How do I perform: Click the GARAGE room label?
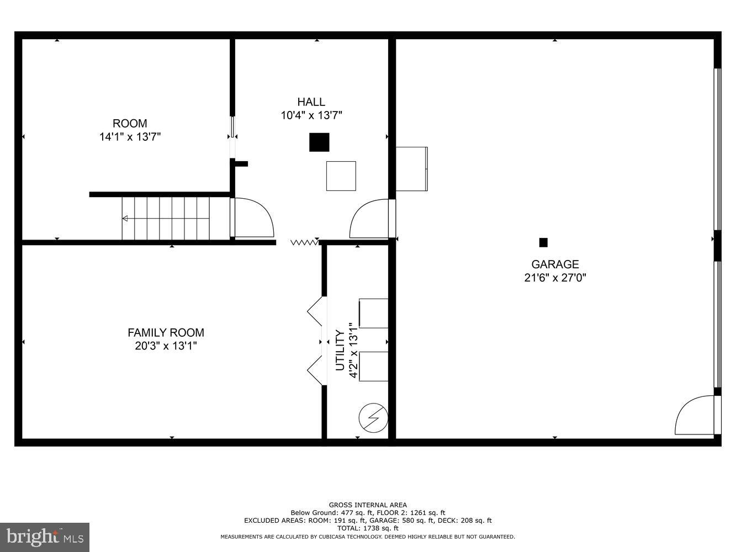point(555,264)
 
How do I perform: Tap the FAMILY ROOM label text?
point(166,333)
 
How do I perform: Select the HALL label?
point(311,102)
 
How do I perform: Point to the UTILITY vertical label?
point(340,351)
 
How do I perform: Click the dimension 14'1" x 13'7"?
point(130,137)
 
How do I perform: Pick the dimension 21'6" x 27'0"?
point(555,278)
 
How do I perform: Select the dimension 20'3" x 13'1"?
point(166,346)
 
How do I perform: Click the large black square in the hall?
point(319,142)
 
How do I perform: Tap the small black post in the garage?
point(543,242)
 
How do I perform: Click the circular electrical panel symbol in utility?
point(373,418)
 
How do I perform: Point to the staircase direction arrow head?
point(125,219)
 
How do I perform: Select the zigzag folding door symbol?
point(304,242)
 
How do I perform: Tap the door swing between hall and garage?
point(370,219)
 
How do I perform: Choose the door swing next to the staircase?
point(254,217)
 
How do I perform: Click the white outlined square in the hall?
point(341,176)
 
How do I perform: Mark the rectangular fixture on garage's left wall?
point(412,169)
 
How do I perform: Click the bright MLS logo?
point(45,537)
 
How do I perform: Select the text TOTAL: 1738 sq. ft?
point(368,528)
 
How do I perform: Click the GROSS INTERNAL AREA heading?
point(368,505)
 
